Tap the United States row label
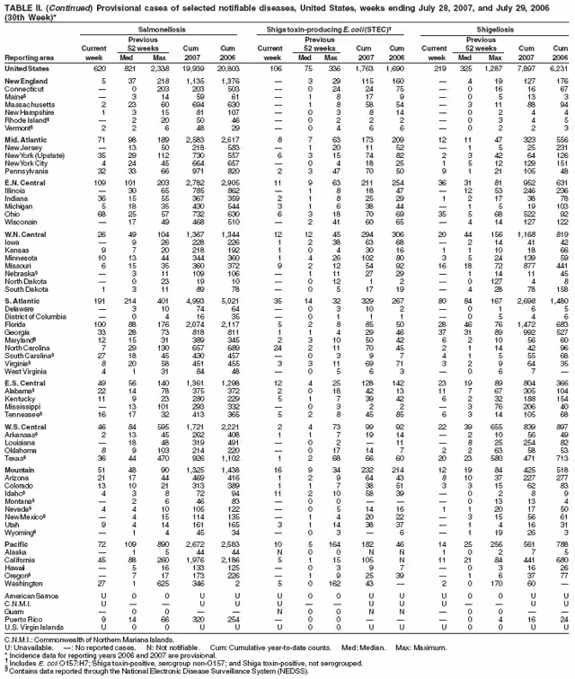[27, 68]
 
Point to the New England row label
[25, 82]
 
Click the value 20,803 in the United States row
[232, 68]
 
